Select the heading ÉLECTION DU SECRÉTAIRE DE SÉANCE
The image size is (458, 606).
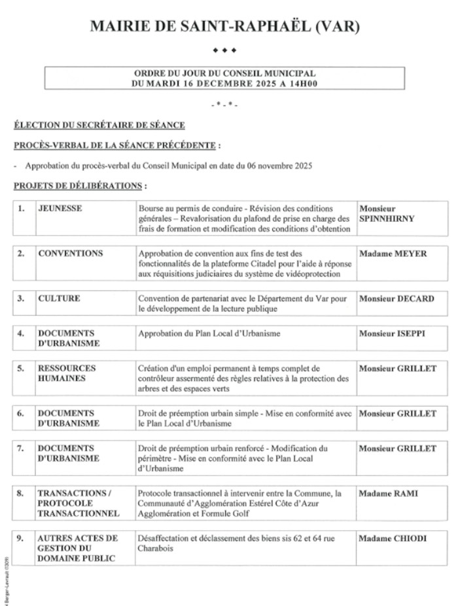click(x=99, y=126)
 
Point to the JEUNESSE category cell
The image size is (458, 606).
click(x=60, y=209)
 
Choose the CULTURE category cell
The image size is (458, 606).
click(x=60, y=299)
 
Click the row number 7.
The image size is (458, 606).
click(x=21, y=448)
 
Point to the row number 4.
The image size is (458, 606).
click(x=21, y=333)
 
